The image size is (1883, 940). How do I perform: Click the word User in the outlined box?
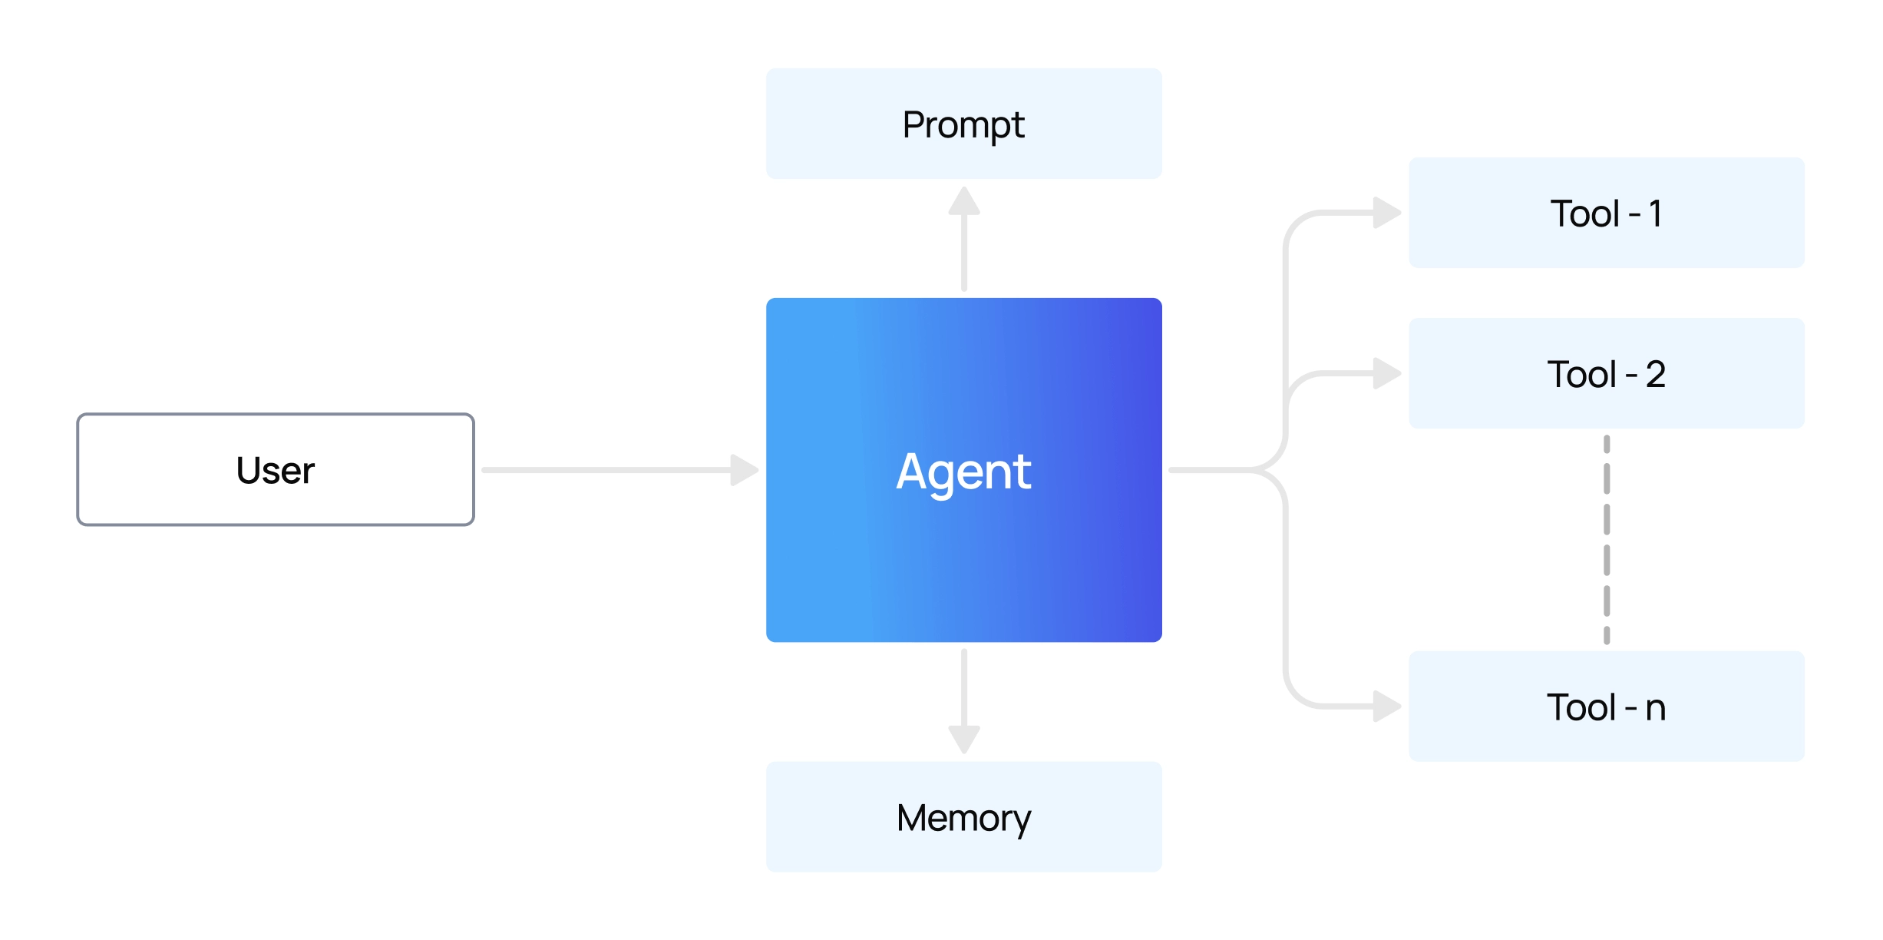tap(275, 470)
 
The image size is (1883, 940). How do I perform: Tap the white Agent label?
tap(963, 471)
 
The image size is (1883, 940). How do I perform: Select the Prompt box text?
tap(963, 124)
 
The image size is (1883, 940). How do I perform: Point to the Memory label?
tap(963, 817)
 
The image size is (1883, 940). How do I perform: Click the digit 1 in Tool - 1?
tap(1656, 213)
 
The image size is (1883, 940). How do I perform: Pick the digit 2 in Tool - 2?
tap(1656, 374)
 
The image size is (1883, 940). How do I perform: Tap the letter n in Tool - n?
tap(1656, 708)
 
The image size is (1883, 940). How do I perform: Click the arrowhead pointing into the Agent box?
tap(743, 470)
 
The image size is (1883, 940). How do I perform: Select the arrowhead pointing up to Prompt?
tap(964, 202)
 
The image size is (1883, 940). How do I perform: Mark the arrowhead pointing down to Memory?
tap(964, 739)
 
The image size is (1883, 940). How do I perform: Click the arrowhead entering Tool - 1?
tap(1386, 213)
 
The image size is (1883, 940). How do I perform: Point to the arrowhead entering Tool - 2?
tap(1386, 373)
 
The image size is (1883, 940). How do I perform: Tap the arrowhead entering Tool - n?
tap(1386, 707)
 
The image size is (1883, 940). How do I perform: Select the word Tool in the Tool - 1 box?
tap(1584, 213)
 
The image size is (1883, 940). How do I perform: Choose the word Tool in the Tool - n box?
tap(1581, 707)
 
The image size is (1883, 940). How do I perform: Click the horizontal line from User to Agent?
tap(606, 470)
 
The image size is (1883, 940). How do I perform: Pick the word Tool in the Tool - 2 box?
tap(1581, 374)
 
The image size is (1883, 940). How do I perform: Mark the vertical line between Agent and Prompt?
tap(964, 253)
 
